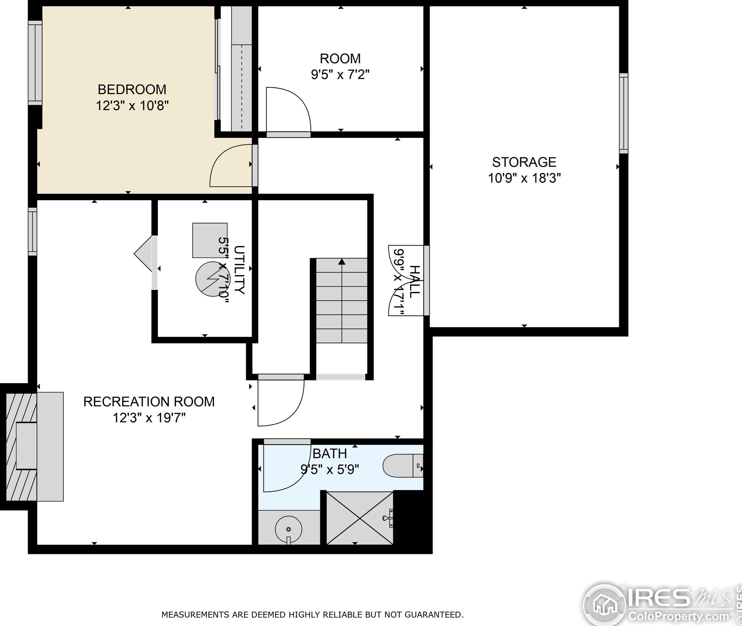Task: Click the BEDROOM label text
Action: click(132, 89)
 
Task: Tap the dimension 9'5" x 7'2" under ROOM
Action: click(340, 75)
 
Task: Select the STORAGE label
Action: click(524, 162)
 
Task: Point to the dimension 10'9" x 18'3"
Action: click(524, 178)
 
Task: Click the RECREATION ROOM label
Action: click(149, 402)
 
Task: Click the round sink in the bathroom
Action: click(288, 529)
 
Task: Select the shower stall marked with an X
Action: click(360, 518)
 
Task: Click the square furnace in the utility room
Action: click(210, 240)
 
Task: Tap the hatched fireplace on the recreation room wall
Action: click(21, 447)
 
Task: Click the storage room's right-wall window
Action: click(624, 114)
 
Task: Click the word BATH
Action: click(329, 454)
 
